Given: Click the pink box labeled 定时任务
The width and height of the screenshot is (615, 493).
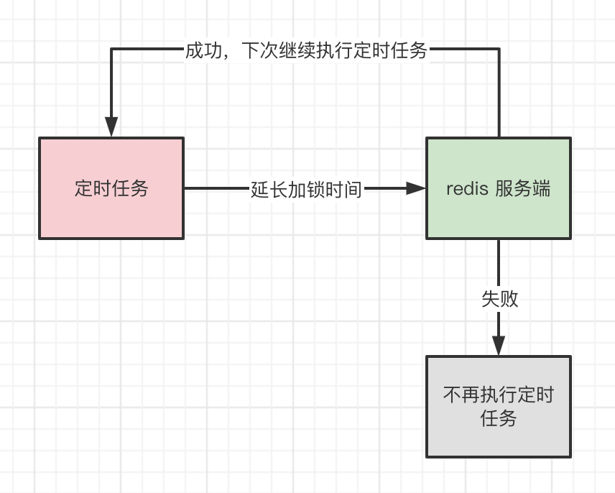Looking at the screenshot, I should pyautogui.click(x=111, y=188).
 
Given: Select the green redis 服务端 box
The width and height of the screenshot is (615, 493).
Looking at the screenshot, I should pyautogui.click(x=499, y=188).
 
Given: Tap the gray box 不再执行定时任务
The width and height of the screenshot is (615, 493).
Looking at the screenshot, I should pyautogui.click(x=499, y=407).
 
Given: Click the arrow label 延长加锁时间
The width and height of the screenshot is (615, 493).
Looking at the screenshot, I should pyautogui.click(x=306, y=189).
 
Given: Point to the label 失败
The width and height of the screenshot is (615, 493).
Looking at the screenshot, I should pyautogui.click(x=499, y=299).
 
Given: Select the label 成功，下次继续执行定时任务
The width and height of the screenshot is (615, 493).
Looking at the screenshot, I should pyautogui.click(x=306, y=50).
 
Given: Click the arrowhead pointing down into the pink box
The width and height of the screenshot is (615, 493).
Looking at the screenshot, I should pyautogui.click(x=111, y=128).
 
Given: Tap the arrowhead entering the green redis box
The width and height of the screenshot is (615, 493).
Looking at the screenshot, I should pyautogui.click(x=416, y=188).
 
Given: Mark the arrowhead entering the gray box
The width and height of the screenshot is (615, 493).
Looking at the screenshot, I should pyautogui.click(x=499, y=346).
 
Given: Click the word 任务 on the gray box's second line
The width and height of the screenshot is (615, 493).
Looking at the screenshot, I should pyautogui.click(x=499, y=419).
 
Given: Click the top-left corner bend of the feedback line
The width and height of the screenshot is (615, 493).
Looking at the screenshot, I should pyautogui.click(x=111, y=50).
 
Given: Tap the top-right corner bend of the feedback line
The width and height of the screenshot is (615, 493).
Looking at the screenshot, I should pyautogui.click(x=499, y=50).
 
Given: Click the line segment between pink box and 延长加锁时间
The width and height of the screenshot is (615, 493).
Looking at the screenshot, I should pyautogui.click(x=216, y=188).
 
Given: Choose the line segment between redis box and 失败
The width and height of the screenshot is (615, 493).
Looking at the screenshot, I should pyautogui.click(x=499, y=262).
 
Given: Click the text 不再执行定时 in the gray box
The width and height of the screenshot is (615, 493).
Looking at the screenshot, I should pyautogui.click(x=499, y=395).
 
